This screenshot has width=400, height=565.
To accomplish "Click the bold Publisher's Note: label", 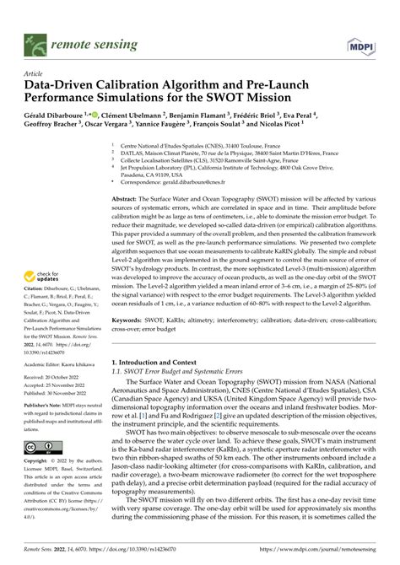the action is pos(46,430).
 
